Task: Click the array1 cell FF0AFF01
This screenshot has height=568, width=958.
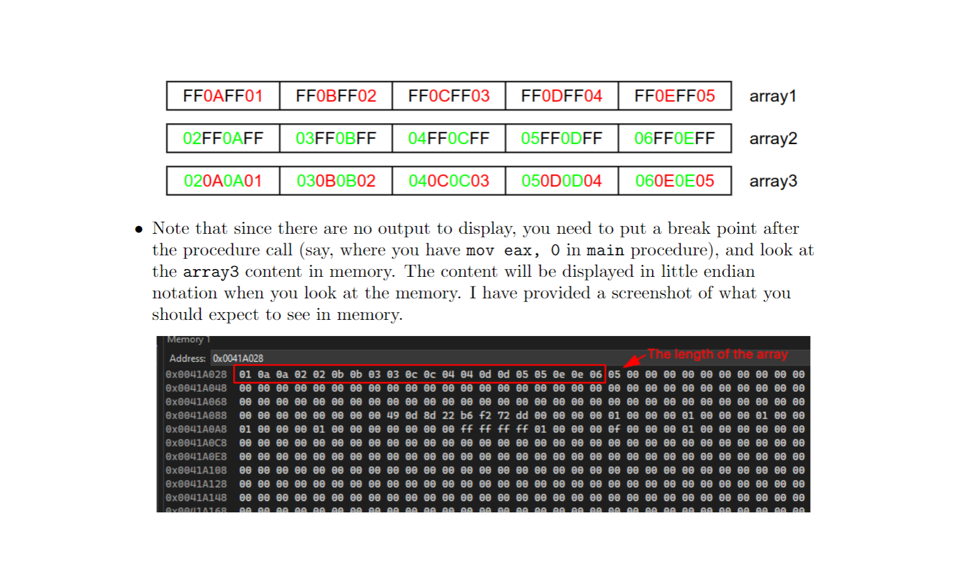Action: [x=223, y=96]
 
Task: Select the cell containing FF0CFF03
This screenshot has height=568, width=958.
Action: [x=449, y=96]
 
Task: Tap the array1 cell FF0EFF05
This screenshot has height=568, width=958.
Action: [x=674, y=96]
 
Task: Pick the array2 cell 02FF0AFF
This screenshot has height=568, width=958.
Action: [x=223, y=138]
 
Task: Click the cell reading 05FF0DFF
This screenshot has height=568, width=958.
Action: [x=561, y=138]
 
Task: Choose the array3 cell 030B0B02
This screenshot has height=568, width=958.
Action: [x=336, y=181]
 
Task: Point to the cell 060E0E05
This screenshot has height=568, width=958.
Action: [x=674, y=181]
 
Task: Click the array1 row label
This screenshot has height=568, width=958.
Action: [x=773, y=96]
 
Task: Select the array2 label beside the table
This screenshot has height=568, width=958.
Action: [x=773, y=139]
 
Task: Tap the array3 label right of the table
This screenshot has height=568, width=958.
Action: [x=773, y=181]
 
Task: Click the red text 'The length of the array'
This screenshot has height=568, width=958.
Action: [x=717, y=354]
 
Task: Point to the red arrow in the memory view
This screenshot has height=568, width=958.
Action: [x=634, y=360]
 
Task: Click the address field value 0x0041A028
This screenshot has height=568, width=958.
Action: [x=238, y=358]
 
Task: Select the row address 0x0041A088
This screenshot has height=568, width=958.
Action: [x=196, y=416]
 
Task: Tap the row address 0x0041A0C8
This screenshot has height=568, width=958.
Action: [x=196, y=443]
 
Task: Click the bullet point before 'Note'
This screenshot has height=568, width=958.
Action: [x=139, y=229]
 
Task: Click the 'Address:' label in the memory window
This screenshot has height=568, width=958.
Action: [x=187, y=358]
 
